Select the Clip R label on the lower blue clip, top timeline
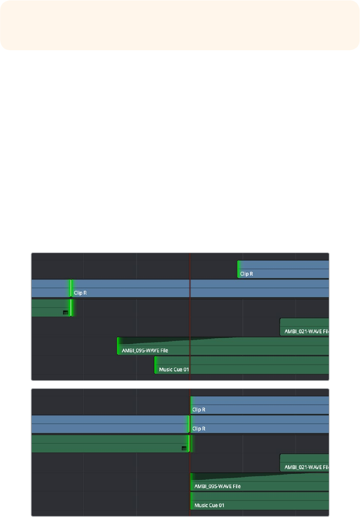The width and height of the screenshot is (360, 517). click(x=80, y=293)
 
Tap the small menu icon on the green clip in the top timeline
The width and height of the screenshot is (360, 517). click(x=65, y=312)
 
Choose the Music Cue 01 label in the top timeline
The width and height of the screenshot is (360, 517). click(x=173, y=369)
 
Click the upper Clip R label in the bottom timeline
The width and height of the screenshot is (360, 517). click(x=199, y=410)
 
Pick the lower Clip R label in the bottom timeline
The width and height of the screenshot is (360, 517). click(x=199, y=428)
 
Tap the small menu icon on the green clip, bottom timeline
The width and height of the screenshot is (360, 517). click(x=184, y=448)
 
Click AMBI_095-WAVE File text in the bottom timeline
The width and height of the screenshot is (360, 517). click(x=217, y=486)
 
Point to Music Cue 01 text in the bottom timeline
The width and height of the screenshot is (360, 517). click(x=209, y=505)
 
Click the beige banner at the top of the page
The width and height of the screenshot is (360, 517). click(x=180, y=25)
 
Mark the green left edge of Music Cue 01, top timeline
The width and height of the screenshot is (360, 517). click(x=155, y=365)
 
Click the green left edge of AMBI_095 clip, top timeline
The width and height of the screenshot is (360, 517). click(x=118, y=346)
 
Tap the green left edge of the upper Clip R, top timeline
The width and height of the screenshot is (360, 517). click(x=238, y=269)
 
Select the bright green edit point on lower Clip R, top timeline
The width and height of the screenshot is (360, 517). click(x=71, y=288)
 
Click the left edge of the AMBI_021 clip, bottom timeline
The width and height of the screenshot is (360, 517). click(x=280, y=463)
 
